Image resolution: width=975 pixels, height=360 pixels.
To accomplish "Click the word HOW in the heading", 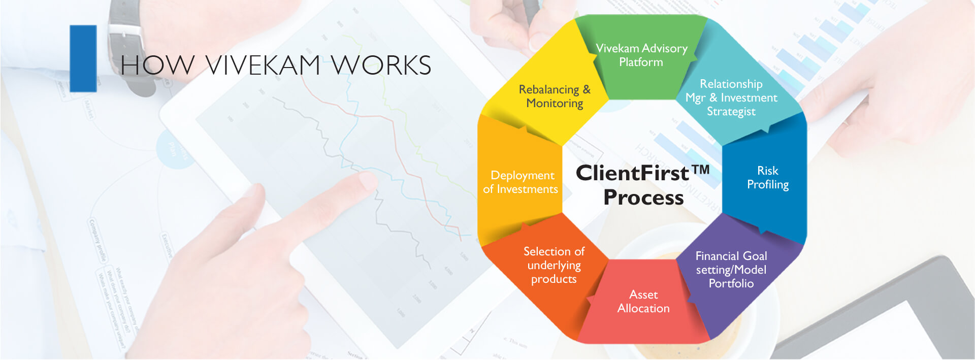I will (157, 66).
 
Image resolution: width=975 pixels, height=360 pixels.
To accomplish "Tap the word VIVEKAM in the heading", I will (263, 66).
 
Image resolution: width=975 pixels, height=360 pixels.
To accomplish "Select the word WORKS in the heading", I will (381, 66).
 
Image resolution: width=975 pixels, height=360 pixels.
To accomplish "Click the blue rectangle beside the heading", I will (83, 58).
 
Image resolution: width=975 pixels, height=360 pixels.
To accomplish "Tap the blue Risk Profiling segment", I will (767, 178).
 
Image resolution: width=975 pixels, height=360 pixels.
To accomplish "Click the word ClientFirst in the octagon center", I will (632, 173).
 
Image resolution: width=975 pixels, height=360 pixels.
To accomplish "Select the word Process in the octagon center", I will (643, 198).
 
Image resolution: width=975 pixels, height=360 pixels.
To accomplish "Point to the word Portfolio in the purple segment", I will (731, 283).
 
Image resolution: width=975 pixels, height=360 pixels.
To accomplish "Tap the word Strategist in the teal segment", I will (731, 112).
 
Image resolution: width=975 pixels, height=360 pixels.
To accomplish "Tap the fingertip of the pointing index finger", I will (367, 181).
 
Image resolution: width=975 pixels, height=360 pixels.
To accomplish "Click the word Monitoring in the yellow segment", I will (554, 103).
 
